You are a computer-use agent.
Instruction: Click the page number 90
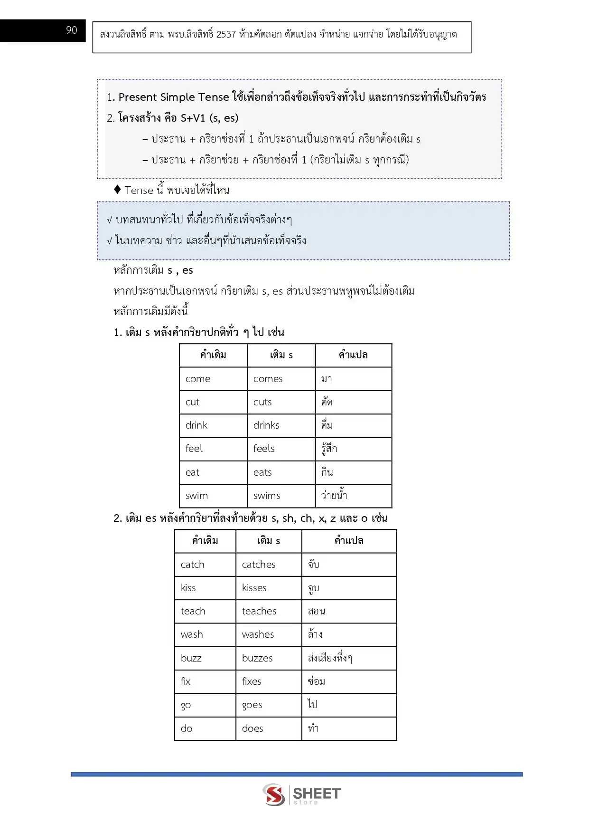72,30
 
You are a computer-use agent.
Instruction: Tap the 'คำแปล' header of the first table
353,355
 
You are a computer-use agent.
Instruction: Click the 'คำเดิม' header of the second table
205,541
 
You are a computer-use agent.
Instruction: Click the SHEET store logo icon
274,794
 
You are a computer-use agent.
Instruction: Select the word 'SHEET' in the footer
317,793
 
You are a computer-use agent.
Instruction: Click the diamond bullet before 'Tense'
118,190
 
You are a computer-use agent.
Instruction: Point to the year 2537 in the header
226,34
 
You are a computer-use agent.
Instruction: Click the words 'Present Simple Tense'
174,97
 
